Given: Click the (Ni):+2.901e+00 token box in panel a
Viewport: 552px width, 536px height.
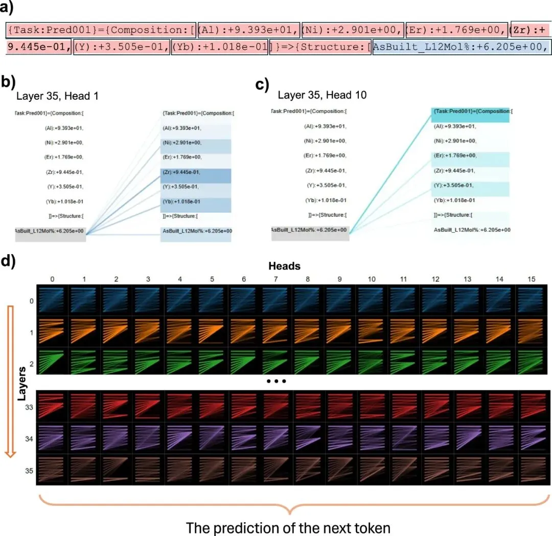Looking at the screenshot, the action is pos(353,30).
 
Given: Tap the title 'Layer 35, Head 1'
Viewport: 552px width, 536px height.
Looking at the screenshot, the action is pos(57,96).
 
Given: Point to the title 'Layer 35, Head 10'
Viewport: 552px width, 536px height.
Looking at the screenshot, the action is pos(322,95).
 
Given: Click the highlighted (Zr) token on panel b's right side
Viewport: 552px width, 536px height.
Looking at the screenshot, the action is pos(196,176).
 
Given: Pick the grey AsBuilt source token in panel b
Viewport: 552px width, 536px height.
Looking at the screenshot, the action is pos(50,234).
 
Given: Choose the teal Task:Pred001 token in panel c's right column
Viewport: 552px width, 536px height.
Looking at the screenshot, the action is pos(470,115).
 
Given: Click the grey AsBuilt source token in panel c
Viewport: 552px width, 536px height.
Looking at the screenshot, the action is pos(310,233).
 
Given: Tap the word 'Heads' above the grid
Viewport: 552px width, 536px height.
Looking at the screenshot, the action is pos(285,266).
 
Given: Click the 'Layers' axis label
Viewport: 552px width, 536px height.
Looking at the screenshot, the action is pos(22,384).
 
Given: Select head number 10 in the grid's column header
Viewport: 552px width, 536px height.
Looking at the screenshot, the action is pos(372,279).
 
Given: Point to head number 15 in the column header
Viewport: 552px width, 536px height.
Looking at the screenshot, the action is pos(531,279).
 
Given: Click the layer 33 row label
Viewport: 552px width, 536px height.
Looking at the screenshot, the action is pos(29,407).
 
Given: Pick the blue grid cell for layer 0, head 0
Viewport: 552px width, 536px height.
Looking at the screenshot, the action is pos(52,300).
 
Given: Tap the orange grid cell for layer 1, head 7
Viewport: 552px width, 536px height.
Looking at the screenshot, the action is pos(275,331).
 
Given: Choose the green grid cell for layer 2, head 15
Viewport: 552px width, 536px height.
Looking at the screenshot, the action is pos(531,362).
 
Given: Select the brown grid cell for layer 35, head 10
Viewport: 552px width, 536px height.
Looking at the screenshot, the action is pos(372,470).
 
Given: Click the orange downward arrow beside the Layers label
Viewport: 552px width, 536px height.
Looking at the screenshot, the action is pos(11,382).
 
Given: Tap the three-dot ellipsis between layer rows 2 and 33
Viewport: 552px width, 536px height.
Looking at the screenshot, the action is pos(277,381).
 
